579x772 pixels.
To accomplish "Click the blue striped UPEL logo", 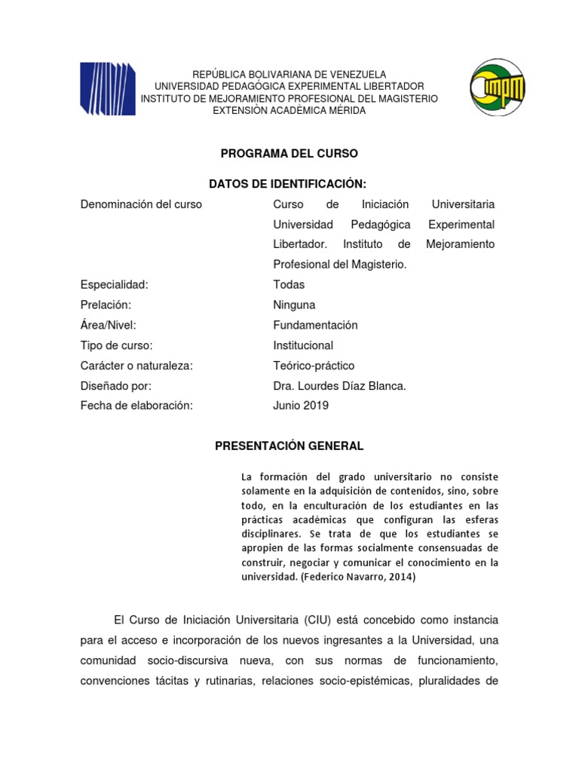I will (x=108, y=88).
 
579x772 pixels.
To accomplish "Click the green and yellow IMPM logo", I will (x=497, y=89).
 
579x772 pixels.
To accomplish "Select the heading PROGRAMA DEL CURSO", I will (x=289, y=153).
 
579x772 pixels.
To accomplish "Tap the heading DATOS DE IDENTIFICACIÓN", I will (x=289, y=184).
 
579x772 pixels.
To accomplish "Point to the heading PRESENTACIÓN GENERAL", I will (x=289, y=446).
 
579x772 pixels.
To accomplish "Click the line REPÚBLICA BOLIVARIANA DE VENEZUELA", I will (x=289, y=75).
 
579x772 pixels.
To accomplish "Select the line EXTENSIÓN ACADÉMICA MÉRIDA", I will (x=289, y=111).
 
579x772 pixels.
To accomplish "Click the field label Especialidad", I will (x=114, y=285).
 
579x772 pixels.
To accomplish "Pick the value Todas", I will (x=289, y=285).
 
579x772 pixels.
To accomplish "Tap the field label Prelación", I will (x=106, y=305).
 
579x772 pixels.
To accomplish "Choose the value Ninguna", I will (x=294, y=305).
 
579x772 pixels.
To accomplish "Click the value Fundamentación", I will (x=315, y=326).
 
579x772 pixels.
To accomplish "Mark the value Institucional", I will (x=303, y=345).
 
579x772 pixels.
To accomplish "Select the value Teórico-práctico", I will (x=314, y=366).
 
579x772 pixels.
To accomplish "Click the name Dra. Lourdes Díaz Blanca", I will (x=339, y=386).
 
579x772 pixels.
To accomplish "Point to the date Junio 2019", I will (x=301, y=406).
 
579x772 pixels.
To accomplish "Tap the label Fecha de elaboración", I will (x=136, y=406).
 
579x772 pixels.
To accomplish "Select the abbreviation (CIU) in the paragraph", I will (x=320, y=620).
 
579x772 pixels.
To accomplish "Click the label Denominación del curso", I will (x=141, y=204).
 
